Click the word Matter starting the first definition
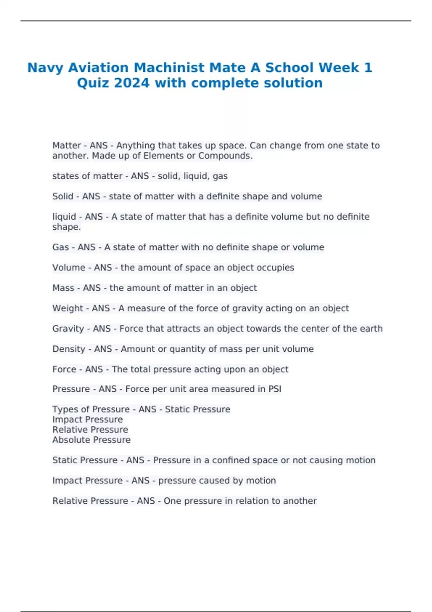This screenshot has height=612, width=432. click(67, 145)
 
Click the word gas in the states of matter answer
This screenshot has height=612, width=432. click(220, 176)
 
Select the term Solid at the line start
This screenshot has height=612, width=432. click(63, 197)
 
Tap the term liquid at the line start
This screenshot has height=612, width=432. click(64, 217)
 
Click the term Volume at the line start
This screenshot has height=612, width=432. click(69, 268)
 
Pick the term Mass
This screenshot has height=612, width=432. click(63, 288)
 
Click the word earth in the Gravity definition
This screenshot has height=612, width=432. click(372, 329)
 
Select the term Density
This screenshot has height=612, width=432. click(69, 349)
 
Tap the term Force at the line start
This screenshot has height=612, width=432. click(64, 369)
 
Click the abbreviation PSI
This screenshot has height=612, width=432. click(275, 389)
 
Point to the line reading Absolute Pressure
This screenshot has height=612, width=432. click(91, 440)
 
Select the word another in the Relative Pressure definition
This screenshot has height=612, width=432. click(300, 501)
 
